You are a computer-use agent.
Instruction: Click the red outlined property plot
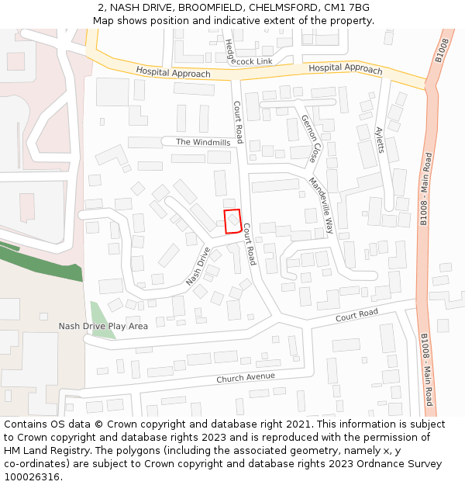click(232, 221)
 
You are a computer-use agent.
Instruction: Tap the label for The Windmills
click(203, 142)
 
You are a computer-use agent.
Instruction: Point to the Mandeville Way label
click(320, 205)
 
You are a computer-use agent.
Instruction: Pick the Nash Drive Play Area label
click(103, 326)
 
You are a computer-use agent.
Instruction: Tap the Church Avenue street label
click(246, 377)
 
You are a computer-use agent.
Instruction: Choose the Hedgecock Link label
click(248, 56)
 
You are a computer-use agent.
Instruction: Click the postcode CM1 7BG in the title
click(347, 8)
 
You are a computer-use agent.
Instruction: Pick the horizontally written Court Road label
click(356, 314)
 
